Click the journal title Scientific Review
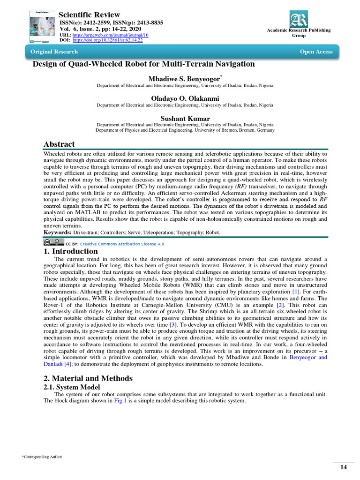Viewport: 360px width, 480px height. (89, 15)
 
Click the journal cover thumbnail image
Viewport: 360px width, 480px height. (42, 26)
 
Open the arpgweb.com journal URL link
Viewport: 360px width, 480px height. (110, 35)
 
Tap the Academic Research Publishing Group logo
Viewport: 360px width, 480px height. (299, 19)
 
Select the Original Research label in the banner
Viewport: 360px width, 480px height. (54, 52)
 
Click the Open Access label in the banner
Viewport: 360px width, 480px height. (316, 52)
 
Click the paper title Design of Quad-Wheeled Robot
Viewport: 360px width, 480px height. (143, 64)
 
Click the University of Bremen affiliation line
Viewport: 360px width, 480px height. (185, 131)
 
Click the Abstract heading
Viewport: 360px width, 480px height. (59, 144)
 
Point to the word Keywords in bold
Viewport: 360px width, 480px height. (58, 232)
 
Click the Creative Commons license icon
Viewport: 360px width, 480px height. (53, 243)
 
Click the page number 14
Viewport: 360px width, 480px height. (343, 467)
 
